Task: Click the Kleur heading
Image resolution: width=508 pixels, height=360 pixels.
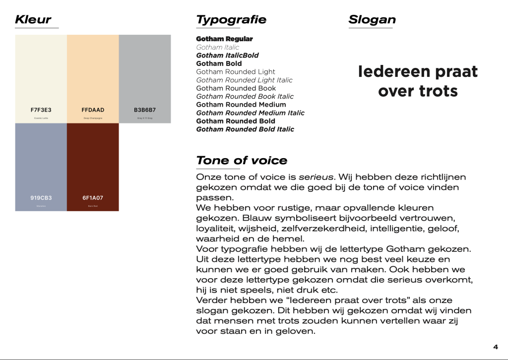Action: [33, 20]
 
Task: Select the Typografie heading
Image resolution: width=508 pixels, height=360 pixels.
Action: [231, 20]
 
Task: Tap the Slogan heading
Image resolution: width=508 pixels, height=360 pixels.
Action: [372, 20]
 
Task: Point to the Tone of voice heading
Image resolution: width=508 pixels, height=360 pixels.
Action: [242, 161]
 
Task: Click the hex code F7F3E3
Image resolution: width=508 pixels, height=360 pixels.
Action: [41, 110]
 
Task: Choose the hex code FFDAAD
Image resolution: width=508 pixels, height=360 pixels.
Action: [93, 110]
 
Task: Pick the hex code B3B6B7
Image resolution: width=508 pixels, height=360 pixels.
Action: [144, 110]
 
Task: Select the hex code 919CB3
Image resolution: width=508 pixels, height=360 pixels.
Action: [41, 198]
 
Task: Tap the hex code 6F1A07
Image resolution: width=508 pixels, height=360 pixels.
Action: [93, 198]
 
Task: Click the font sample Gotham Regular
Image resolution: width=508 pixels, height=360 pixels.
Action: [224, 39]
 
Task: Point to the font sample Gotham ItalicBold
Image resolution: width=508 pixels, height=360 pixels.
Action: [227, 56]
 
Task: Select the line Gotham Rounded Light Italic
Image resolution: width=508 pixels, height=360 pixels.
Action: [244, 80]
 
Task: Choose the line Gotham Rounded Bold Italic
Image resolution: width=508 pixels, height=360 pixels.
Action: [245, 129]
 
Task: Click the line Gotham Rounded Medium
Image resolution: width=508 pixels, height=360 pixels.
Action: [241, 105]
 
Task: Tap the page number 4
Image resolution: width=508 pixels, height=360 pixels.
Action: [495, 347]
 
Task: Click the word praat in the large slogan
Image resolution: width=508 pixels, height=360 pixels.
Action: [450, 72]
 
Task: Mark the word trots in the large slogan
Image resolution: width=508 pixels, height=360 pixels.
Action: [438, 92]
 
